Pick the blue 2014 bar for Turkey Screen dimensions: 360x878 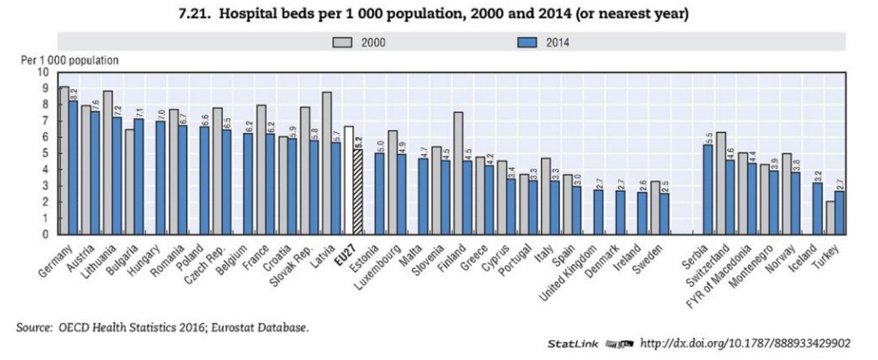click(839, 212)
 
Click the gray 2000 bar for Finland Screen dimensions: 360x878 click(459, 172)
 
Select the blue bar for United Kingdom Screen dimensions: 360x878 click(598, 212)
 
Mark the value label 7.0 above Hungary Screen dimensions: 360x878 click(160, 113)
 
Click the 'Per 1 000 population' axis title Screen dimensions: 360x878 click(70, 60)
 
